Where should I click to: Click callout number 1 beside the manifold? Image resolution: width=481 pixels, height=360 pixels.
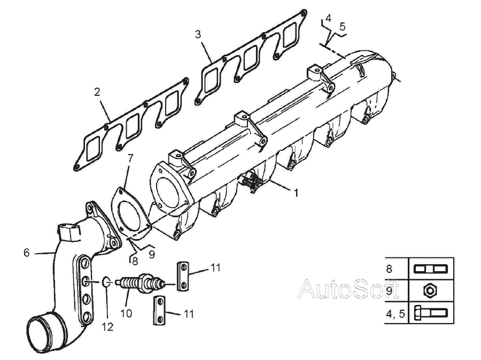click(296, 193)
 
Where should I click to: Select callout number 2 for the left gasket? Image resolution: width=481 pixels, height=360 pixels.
click(97, 92)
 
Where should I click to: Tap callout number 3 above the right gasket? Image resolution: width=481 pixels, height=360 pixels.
click(198, 34)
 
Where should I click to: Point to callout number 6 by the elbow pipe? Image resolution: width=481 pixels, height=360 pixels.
click(27, 252)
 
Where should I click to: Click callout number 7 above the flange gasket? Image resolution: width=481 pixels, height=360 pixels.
click(131, 158)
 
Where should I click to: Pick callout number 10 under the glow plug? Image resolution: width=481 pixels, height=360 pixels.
click(126, 313)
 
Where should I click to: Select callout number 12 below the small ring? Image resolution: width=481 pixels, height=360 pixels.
click(107, 327)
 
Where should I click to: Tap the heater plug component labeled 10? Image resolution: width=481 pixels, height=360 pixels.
click(141, 283)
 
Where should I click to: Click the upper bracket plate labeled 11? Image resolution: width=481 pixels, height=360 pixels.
click(183, 276)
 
